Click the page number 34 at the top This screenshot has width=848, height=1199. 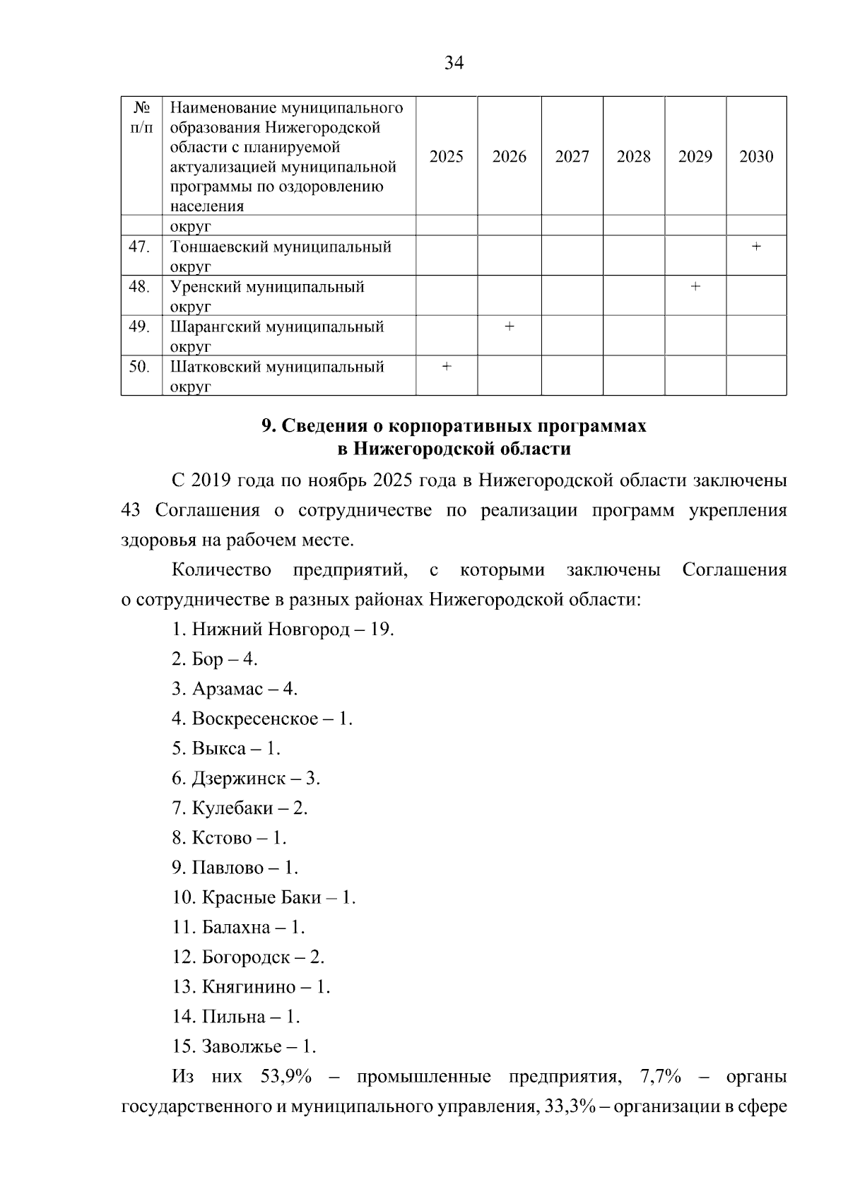coord(454,63)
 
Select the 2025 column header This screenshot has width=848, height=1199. coord(446,157)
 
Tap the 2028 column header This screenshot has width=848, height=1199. coord(633,157)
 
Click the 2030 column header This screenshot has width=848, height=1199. coord(756,157)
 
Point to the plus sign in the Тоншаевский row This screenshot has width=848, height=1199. coord(756,247)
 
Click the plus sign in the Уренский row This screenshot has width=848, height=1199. coord(695,286)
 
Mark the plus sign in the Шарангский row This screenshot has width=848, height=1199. coord(509,326)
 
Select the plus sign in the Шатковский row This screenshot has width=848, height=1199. coord(446,366)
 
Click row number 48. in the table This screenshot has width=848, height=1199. coord(139,287)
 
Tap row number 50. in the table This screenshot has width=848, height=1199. coord(139,367)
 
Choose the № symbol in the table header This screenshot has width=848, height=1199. coord(141,107)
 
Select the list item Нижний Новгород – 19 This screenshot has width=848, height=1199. coord(283,629)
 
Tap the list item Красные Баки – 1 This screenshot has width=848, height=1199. coord(264,897)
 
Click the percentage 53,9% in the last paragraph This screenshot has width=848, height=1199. coord(286,1077)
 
